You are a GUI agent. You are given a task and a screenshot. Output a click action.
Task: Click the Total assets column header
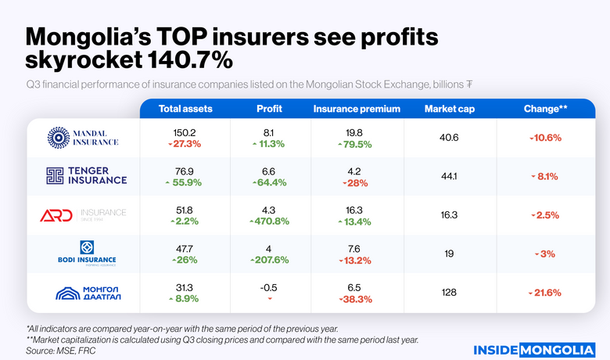[x=185, y=109]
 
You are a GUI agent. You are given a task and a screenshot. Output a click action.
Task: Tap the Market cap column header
[x=449, y=109]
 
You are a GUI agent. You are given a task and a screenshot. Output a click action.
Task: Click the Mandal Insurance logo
[x=82, y=137]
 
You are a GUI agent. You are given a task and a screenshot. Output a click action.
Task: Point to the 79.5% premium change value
[x=355, y=144]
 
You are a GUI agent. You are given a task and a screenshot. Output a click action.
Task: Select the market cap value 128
[x=449, y=292]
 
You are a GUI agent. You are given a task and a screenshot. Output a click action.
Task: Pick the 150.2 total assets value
[x=185, y=131]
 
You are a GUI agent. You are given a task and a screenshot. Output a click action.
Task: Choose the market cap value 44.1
[x=449, y=176]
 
